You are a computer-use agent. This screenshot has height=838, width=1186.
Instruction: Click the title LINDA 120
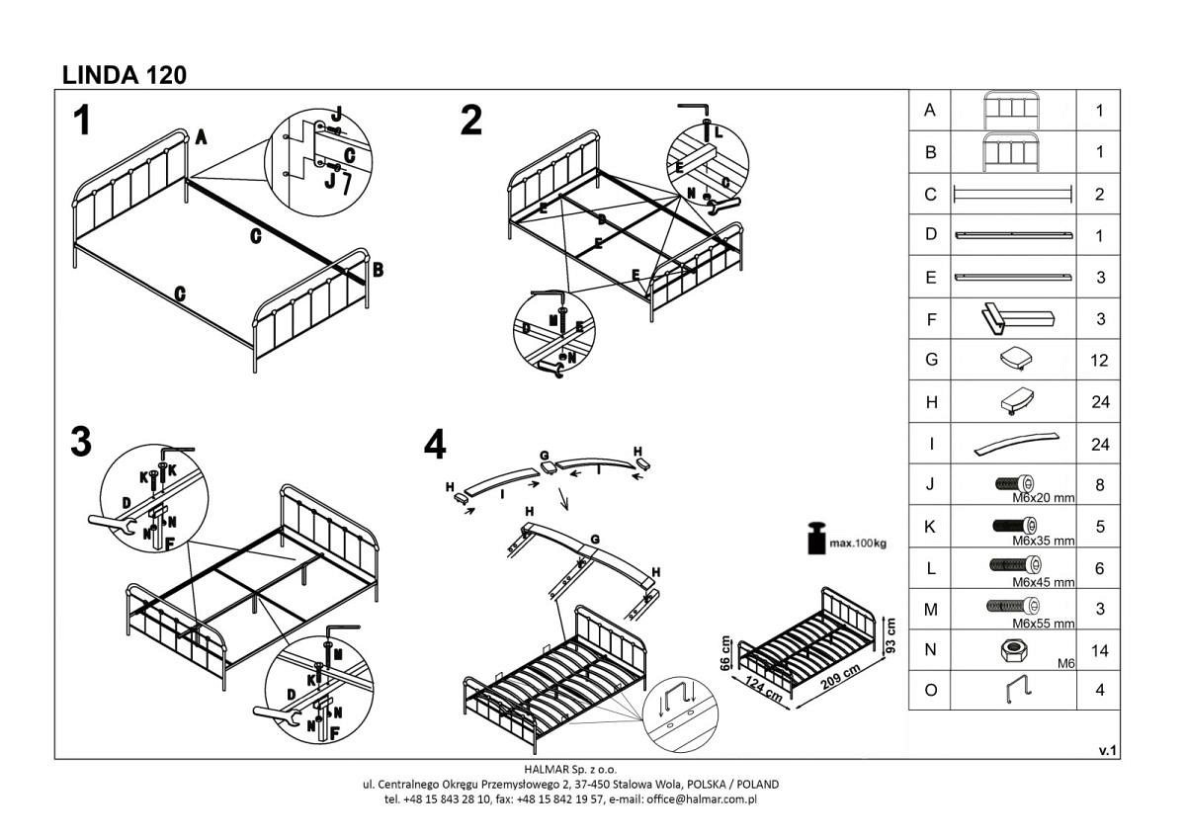(125, 74)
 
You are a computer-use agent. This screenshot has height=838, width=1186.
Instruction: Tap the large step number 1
(83, 122)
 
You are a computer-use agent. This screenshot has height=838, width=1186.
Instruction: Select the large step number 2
(472, 122)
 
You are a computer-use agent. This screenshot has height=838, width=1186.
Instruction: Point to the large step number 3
(83, 442)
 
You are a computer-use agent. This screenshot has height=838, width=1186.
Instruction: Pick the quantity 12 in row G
(1099, 361)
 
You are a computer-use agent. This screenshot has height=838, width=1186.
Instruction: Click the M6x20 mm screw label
(1044, 499)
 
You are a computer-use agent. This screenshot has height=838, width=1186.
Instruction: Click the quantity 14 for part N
(1099, 651)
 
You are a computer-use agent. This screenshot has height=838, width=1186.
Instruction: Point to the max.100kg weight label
(857, 544)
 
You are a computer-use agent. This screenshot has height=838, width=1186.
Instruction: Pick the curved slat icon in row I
(1013, 444)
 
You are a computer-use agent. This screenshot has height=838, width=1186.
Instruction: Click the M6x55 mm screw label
(1044, 624)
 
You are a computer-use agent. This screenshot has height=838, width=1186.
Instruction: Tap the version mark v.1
(1107, 751)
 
